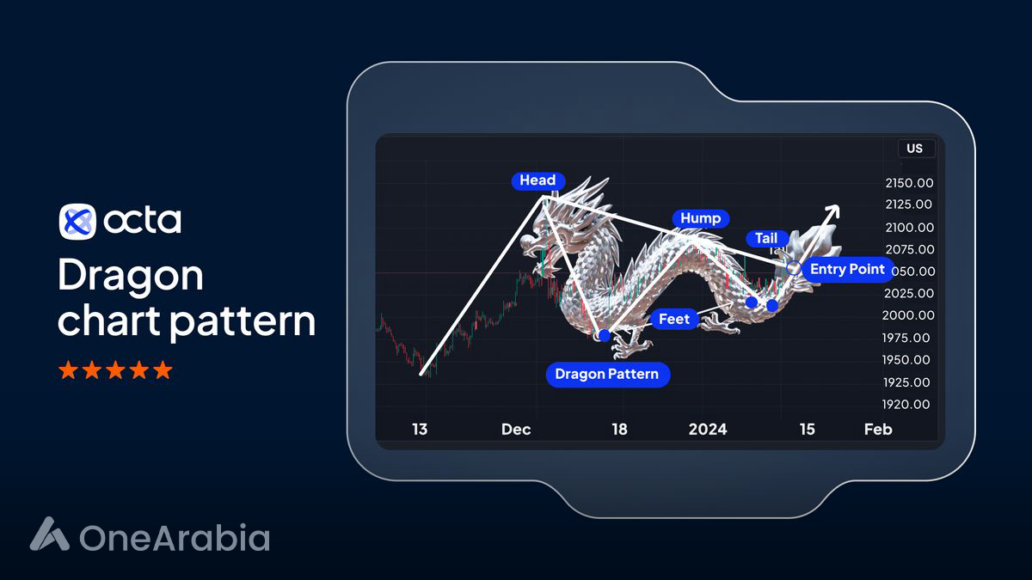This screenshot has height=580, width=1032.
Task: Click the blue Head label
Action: click(538, 180)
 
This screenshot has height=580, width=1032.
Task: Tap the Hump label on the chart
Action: click(700, 218)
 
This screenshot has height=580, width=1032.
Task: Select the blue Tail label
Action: click(766, 238)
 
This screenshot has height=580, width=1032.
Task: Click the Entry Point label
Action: click(847, 269)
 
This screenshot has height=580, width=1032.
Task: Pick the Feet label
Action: click(673, 319)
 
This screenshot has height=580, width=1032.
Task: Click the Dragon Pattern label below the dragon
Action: click(606, 374)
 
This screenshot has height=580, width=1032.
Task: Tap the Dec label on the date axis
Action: click(516, 429)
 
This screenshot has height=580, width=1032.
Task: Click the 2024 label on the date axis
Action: click(707, 429)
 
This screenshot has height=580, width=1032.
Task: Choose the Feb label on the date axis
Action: click(878, 429)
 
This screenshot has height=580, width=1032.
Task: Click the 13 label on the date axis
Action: click(419, 429)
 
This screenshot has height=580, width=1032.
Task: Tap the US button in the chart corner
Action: click(914, 149)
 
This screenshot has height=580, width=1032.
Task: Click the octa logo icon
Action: click(77, 222)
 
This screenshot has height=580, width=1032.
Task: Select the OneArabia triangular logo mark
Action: click(49, 534)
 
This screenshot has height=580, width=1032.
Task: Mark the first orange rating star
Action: click(67, 370)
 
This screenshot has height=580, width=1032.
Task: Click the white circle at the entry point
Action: click(794, 269)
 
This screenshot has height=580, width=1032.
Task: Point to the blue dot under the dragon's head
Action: click(604, 334)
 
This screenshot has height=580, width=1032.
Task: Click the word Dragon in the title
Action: click(131, 276)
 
